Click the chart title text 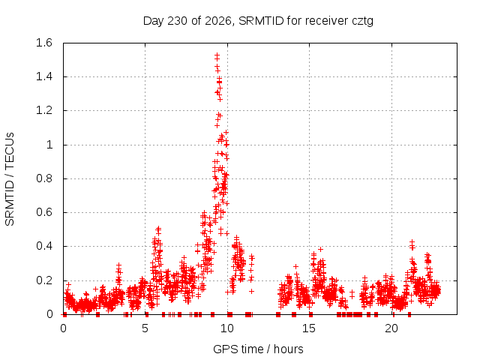258,21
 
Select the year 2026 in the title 218,21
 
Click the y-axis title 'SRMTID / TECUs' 10,179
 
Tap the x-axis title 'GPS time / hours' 258,349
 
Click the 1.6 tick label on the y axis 44,43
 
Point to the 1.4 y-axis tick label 44,76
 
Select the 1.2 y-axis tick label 44,110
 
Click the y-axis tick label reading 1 49,145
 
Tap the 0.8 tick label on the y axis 44,178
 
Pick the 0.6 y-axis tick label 44,212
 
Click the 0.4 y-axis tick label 44,246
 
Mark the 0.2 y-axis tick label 44,280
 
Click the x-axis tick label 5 145,328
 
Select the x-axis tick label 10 227,328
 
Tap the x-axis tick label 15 309,328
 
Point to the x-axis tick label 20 391,328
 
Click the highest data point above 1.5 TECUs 217,55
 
